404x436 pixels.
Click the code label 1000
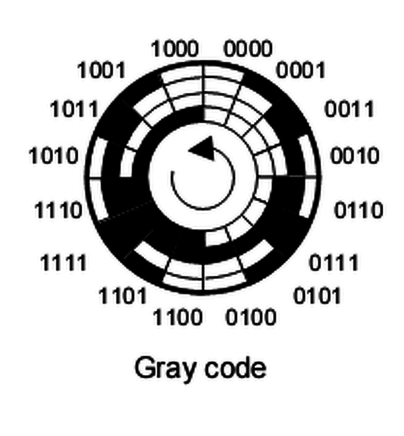point(175,50)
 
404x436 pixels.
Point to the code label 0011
point(349,109)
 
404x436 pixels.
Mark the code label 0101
point(317,296)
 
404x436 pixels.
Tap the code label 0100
point(251,318)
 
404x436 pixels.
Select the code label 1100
point(177,318)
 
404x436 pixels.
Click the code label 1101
point(123,296)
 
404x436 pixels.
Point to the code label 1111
point(64,263)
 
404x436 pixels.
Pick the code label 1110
point(58,211)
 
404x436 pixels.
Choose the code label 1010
point(54,156)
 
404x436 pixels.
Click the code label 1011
point(74,109)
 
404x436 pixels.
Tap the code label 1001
point(102,70)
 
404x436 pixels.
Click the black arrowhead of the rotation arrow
point(203,149)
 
